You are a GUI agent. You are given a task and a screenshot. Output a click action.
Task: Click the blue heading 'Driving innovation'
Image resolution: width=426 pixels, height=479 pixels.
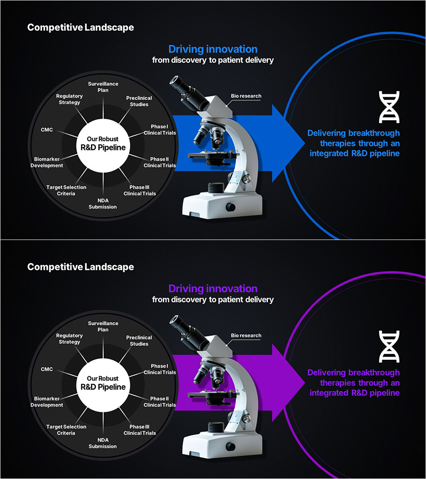[x=213, y=49]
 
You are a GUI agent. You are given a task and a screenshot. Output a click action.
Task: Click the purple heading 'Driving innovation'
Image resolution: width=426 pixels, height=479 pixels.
[x=213, y=289]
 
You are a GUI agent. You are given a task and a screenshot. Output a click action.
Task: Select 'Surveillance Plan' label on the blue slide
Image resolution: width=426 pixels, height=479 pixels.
[x=103, y=87]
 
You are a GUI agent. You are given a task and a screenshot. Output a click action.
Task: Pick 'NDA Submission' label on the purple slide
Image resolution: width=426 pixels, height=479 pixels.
[x=103, y=443]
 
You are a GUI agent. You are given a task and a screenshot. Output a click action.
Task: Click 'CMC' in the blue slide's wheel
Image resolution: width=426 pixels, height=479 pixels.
[x=47, y=129]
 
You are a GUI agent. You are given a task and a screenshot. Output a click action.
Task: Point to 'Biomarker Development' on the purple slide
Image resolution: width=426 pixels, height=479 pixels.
[x=48, y=402]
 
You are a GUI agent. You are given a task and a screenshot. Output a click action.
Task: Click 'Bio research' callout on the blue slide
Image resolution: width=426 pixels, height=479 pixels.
[x=246, y=96]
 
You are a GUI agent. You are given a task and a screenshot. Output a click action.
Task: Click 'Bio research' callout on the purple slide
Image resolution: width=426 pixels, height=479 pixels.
[x=246, y=335]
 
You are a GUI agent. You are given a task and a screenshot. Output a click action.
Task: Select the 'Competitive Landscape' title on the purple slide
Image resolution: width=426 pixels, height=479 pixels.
[x=80, y=267]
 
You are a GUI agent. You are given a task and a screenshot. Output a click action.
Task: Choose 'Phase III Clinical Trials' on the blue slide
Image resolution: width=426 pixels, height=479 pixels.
[x=140, y=191]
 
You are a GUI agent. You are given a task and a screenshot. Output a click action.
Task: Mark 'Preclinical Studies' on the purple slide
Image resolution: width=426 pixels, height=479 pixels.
[x=139, y=341]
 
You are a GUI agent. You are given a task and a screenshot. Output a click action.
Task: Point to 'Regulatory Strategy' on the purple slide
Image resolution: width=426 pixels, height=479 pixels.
[x=69, y=338]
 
